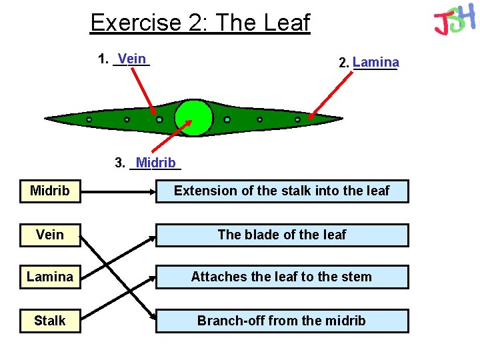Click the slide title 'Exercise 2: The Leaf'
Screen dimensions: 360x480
click(200, 23)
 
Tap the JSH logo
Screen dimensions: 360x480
click(454, 20)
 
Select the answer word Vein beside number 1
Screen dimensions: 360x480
click(133, 59)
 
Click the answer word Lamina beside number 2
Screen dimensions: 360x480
click(376, 62)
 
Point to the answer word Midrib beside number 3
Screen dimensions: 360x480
click(155, 163)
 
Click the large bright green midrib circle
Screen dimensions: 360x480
click(193, 118)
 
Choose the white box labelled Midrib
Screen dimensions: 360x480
click(50, 191)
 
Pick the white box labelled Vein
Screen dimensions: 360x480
click(50, 235)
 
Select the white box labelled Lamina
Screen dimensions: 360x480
click(50, 277)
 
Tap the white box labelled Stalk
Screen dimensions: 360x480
click(50, 321)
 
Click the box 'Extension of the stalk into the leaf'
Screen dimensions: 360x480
click(282, 191)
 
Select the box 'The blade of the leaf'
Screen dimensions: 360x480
click(282, 235)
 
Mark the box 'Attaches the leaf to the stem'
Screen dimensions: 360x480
click(282, 277)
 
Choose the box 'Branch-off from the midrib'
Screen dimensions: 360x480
click(282, 321)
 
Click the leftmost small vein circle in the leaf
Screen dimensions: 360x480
click(89, 120)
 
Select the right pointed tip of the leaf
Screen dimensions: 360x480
click(341, 119)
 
